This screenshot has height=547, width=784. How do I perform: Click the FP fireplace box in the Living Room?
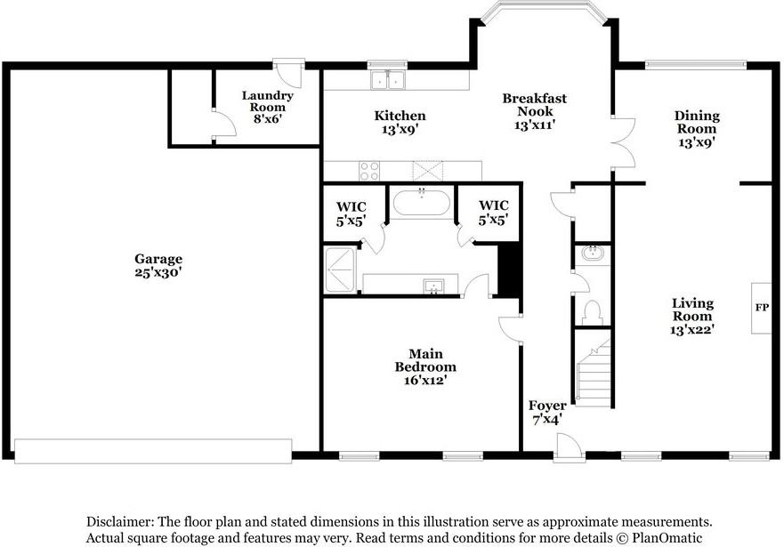pyautogui.click(x=761, y=308)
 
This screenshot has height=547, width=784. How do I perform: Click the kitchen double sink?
pyautogui.click(x=387, y=80)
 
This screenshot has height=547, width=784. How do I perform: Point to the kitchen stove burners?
pyautogui.click(x=369, y=171)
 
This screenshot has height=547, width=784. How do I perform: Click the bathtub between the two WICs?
pyautogui.click(x=422, y=202)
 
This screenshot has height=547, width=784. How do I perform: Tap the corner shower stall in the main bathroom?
pyautogui.click(x=341, y=269)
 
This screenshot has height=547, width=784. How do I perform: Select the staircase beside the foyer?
pyautogui.click(x=594, y=372)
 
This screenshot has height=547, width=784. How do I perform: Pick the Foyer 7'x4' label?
pyautogui.click(x=547, y=413)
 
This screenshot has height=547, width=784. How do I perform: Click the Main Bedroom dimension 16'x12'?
pyautogui.click(x=425, y=380)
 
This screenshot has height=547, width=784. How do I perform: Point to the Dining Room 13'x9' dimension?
pyautogui.click(x=697, y=142)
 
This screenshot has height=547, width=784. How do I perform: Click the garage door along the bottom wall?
pyautogui.click(x=153, y=451)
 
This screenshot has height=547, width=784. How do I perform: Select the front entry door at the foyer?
pyautogui.click(x=569, y=448)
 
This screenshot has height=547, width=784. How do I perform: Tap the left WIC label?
pyautogui.click(x=351, y=213)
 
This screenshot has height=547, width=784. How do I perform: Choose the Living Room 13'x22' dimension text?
pyautogui.click(x=692, y=329)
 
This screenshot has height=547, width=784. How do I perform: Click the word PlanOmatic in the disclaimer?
pyautogui.click(x=667, y=538)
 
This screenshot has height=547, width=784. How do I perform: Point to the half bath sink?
pyautogui.click(x=593, y=253)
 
